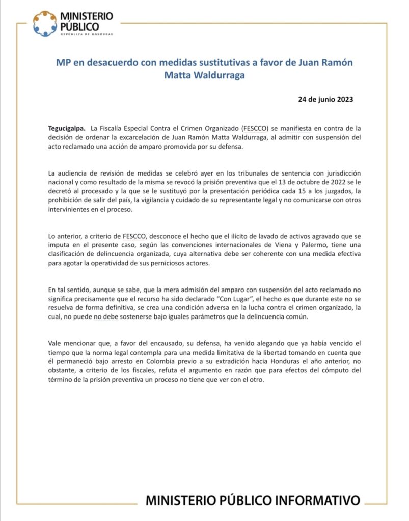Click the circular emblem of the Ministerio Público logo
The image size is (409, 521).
click(45, 23)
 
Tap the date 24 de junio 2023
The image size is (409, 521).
click(325, 99)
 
